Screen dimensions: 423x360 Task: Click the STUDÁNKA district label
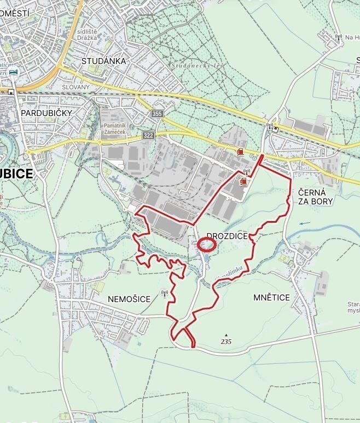tap(103, 61)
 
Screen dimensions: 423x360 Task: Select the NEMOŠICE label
tap(129, 299)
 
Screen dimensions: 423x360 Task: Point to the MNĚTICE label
tap(271, 297)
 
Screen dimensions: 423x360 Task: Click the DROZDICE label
tap(228, 236)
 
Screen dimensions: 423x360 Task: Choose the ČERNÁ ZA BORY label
tap(316, 197)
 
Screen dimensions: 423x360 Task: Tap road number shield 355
tap(158, 114)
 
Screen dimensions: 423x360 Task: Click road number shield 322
tap(148, 135)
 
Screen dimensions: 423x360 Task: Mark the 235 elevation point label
tap(227, 341)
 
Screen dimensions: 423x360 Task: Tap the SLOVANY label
tap(76, 87)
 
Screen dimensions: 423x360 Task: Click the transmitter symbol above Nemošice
tap(164, 293)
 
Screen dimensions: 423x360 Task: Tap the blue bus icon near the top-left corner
tap(14, 72)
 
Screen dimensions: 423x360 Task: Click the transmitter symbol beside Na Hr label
tap(338, 38)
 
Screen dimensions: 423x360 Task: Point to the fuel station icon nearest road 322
tap(240, 152)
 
